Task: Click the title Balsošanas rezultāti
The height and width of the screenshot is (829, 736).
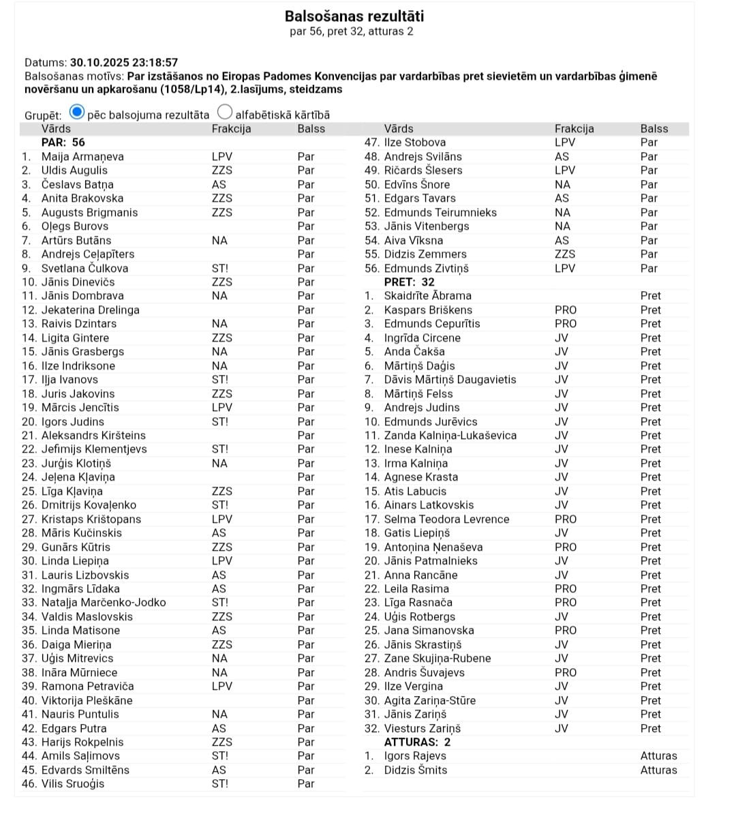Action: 354,16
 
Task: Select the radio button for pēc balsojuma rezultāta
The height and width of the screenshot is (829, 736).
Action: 78,112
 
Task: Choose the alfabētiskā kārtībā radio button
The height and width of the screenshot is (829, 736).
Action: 225,112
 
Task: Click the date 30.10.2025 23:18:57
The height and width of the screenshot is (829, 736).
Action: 124,62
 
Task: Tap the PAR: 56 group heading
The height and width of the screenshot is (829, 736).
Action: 63,142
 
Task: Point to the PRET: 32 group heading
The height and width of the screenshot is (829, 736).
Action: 409,282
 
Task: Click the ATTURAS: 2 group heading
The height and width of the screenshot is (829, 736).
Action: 417,742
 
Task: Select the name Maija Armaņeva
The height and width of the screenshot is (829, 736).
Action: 82,157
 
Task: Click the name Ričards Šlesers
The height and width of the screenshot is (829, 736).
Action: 423,170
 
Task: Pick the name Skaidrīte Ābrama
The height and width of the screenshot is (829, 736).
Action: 427,296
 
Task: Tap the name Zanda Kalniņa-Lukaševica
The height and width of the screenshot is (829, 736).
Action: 450,436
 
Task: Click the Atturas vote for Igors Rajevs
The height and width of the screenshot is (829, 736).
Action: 658,756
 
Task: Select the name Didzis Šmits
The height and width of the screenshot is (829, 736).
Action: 416,770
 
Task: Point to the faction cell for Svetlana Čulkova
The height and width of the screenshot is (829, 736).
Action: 220,269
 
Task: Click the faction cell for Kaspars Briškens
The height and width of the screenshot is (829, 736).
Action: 565,310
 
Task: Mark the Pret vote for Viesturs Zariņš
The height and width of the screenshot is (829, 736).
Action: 650,728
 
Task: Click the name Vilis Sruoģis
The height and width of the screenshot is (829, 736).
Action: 73,784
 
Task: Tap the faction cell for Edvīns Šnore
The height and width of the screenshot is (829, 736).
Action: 562,185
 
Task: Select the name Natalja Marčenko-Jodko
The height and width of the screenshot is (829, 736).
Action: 104,603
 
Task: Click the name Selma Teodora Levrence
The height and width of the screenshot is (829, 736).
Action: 446,519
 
